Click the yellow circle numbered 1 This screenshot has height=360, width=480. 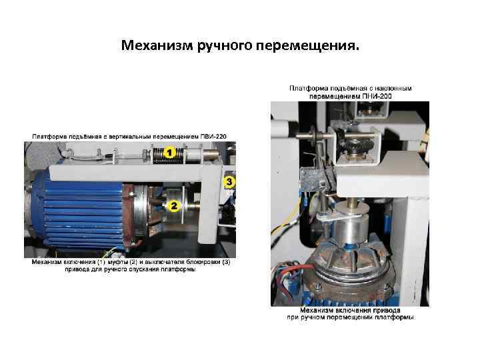pyautogui.click(x=169, y=153)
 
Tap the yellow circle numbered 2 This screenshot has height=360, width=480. pyautogui.click(x=173, y=206)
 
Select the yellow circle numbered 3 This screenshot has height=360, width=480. pyautogui.click(x=229, y=182)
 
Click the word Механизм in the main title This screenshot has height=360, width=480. pyautogui.click(x=157, y=45)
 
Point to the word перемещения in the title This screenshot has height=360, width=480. pyautogui.click(x=307, y=46)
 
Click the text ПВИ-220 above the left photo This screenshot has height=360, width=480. pyautogui.click(x=213, y=137)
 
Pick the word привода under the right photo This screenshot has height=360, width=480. pyautogui.click(x=387, y=310)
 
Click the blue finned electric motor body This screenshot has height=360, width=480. pyautogui.click(x=79, y=211)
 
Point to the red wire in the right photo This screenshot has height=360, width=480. pyautogui.click(x=299, y=268)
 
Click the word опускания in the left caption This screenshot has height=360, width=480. pyautogui.click(x=144, y=270)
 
